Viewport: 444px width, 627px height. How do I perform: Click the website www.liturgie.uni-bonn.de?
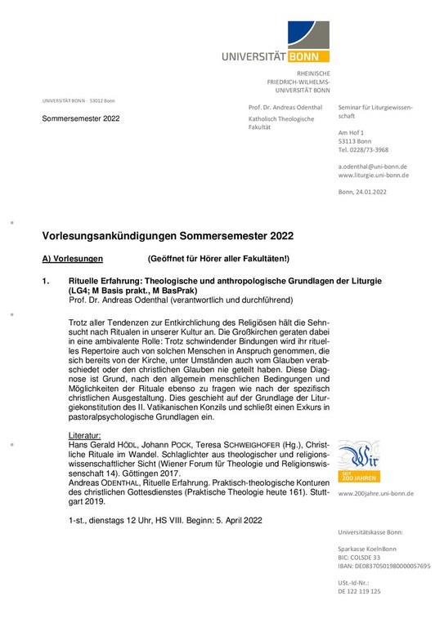click(x=374, y=176)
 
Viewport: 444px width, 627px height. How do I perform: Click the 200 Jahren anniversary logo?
click(x=358, y=461)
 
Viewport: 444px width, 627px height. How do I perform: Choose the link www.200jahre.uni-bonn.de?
click(x=375, y=493)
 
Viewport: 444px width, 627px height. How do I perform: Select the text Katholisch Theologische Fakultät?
click(x=280, y=123)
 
